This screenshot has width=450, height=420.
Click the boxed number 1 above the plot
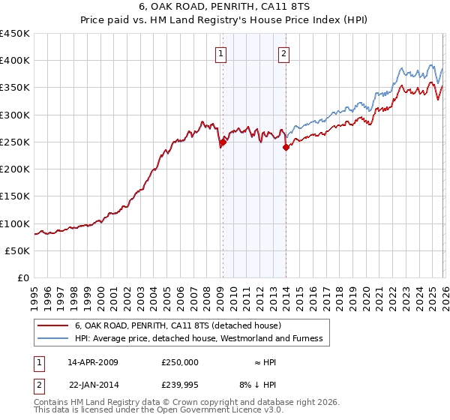(x=222, y=53)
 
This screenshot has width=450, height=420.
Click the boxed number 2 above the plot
(x=285, y=53)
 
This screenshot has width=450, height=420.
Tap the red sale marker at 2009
(x=223, y=142)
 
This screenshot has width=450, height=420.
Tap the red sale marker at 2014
(x=286, y=147)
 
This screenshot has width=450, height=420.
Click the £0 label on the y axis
(x=24, y=278)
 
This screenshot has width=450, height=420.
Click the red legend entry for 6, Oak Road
(x=178, y=325)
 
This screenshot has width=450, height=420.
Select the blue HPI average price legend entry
(x=198, y=338)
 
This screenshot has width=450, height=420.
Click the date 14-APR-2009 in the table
(x=93, y=361)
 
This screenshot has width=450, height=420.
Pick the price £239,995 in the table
(x=180, y=384)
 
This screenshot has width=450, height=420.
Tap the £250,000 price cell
(x=180, y=361)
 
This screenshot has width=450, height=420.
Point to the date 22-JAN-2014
(x=93, y=384)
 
